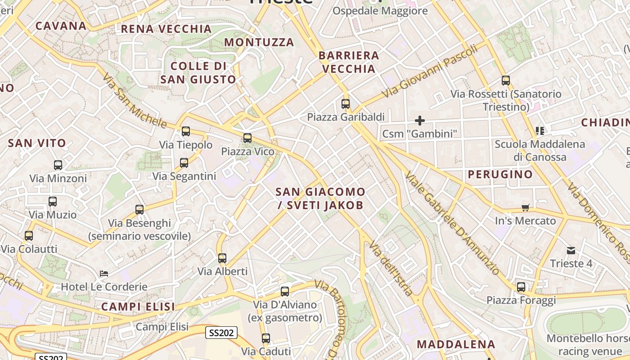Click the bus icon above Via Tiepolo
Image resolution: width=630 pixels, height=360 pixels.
pos(185,131)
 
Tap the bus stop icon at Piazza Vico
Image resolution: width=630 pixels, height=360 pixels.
pos(247,138)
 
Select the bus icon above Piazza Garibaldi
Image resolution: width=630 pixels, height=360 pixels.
pos(345,104)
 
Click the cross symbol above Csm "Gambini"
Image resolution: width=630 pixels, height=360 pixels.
pos(419,121)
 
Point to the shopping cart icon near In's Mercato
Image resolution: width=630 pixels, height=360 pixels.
pos(525,207)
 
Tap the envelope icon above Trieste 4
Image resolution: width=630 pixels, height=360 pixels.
pos(571,250)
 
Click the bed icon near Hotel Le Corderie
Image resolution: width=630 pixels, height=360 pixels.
pos(104,273)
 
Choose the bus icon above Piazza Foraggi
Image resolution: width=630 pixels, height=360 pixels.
pos(521,287)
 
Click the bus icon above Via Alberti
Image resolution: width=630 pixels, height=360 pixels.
pos(222,258)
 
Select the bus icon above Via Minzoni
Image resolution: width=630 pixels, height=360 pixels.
pos(58,165)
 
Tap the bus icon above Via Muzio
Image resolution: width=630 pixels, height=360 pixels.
pos(53,201)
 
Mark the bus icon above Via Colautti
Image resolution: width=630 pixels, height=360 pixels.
pos(29,236)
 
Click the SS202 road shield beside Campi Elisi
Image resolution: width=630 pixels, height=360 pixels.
pos(221,333)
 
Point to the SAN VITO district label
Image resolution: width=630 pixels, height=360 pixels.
pos(37,143)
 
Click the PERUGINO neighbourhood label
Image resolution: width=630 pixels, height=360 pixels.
pos(500,174)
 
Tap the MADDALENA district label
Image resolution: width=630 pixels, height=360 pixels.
pos(456,344)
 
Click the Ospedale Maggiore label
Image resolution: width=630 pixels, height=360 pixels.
pos(380,11)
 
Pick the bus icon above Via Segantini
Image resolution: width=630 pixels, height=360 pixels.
pos(184,163)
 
